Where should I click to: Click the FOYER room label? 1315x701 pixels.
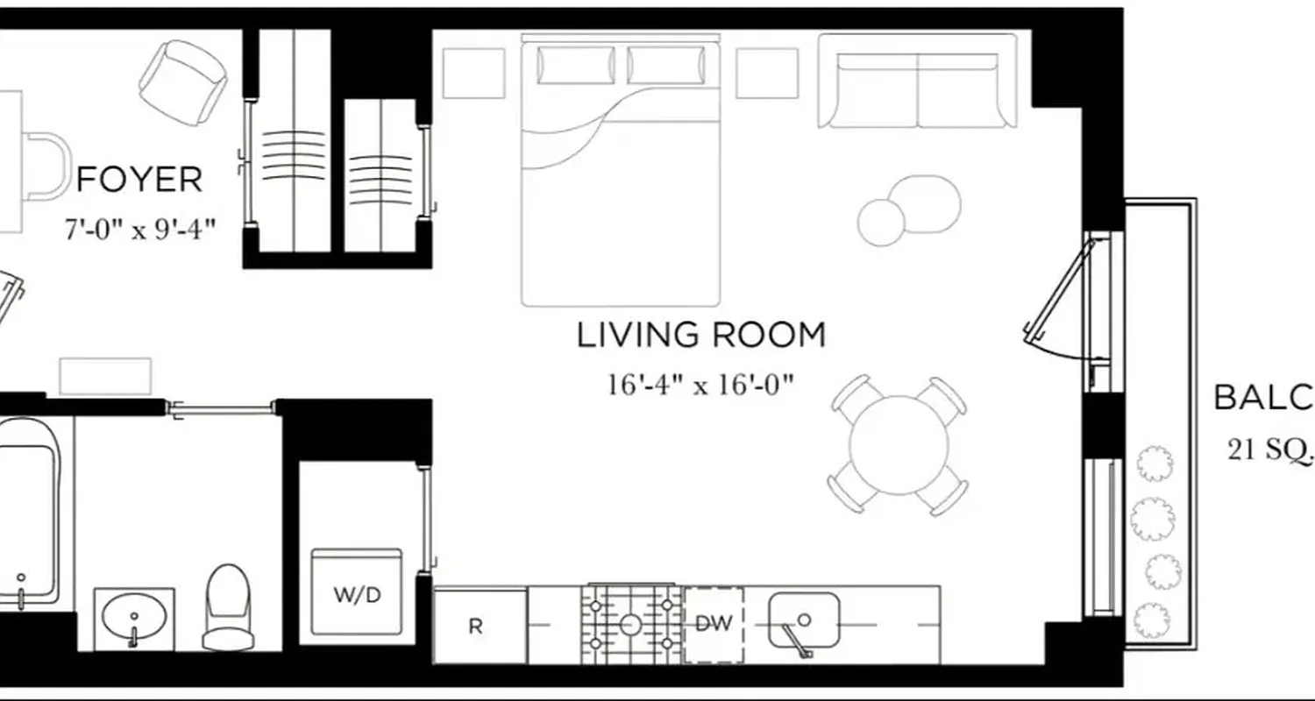pos(139,180)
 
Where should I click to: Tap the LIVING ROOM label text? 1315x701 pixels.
pos(700,336)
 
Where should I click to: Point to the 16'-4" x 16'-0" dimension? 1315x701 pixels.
pos(700,385)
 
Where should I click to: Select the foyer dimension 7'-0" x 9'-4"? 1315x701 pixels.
pos(139,230)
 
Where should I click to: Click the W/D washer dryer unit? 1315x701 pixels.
pos(357,594)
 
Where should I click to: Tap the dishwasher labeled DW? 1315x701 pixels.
pos(714,624)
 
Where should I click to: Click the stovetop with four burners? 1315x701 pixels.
pos(630,624)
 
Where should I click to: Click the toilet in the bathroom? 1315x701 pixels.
pos(227,606)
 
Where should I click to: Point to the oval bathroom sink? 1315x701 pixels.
pos(134,618)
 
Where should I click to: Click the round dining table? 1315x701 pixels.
pos(899,445)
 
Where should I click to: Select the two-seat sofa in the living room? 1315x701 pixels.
pos(917,81)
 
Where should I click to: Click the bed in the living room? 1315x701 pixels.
pos(620,171)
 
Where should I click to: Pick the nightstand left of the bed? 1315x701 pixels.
pos(473,73)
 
